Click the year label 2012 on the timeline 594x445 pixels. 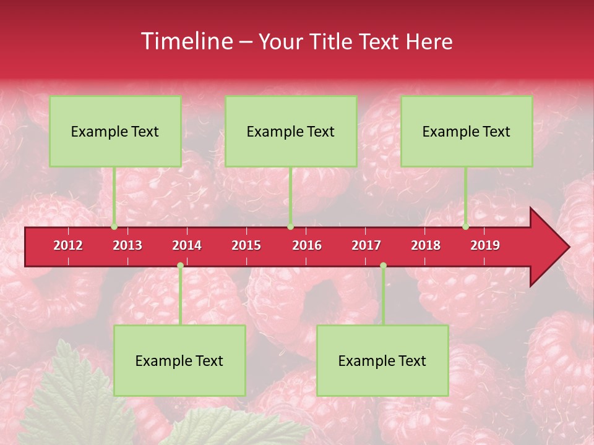tap(68, 245)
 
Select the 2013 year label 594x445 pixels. tap(127, 245)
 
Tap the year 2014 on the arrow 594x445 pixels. tap(187, 245)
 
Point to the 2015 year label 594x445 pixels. tap(246, 245)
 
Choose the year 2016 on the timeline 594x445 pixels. tap(307, 245)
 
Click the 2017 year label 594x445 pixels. tap(366, 245)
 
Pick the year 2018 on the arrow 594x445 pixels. tap(426, 245)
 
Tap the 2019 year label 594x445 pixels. tap(485, 245)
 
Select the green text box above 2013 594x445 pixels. tap(115, 131)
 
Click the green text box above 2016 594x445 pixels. tap(291, 131)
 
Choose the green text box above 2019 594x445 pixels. tap(467, 131)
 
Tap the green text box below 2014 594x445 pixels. tap(179, 360)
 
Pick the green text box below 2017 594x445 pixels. tap(382, 360)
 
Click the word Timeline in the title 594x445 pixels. tap(186, 41)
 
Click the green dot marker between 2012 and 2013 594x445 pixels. tap(114, 227)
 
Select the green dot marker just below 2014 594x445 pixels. tap(180, 265)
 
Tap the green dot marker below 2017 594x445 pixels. tap(383, 265)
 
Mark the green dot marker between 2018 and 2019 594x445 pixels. tap(466, 227)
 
